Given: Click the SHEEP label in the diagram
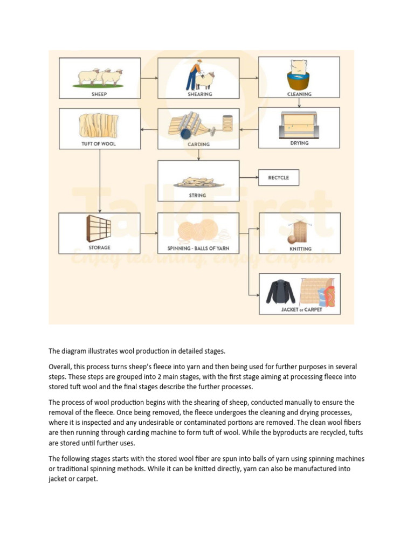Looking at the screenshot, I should (99, 94).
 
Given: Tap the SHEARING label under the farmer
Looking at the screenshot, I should (199, 94).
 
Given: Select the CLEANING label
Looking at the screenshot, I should (299, 94).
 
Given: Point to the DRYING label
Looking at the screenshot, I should (299, 143).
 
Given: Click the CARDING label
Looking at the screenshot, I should (199, 144).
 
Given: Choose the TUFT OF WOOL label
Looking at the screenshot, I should (99, 144).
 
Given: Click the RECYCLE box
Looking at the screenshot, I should (278, 177).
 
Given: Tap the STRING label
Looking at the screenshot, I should (198, 195).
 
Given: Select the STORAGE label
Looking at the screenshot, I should (99, 247).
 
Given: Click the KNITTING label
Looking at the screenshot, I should (300, 249).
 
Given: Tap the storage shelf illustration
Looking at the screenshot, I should (98, 229).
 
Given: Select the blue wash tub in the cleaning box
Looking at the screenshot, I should (299, 81).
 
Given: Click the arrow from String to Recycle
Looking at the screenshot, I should (249, 177).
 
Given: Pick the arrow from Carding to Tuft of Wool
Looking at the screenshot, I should (149, 129).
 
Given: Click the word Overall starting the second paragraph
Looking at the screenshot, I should (61, 367).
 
